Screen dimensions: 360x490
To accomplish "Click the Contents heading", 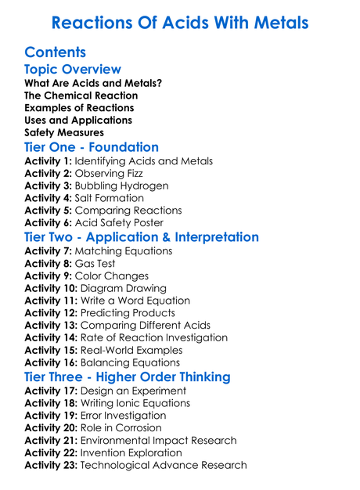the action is (x=56, y=53).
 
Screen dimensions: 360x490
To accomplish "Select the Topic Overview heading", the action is (x=73, y=70).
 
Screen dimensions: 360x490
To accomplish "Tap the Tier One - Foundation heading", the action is (x=92, y=147).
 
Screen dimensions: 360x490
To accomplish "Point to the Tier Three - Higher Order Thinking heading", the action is (x=128, y=377).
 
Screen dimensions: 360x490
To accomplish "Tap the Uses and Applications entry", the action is (x=78, y=120).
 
